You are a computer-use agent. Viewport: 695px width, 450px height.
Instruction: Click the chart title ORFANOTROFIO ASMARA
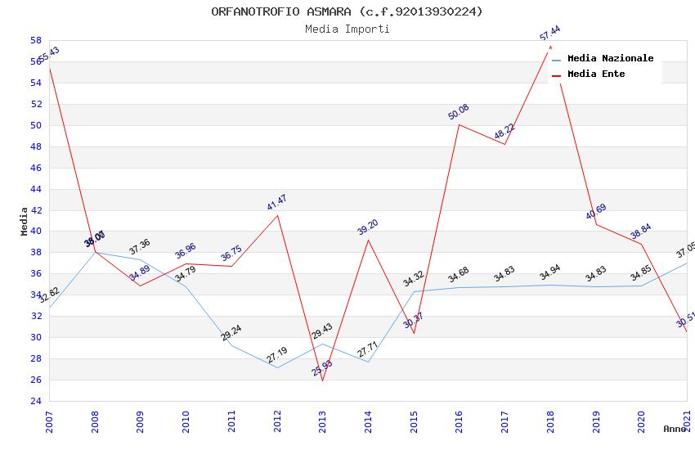(347, 11)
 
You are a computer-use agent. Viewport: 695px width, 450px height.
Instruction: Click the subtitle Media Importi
(347, 29)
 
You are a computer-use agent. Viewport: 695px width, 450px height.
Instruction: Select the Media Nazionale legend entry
(610, 58)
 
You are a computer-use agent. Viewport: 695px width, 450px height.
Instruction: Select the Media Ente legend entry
(595, 74)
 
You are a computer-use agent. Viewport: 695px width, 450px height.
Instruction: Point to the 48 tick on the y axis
(36, 146)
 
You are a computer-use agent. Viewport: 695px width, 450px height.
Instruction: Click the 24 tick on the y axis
(36, 402)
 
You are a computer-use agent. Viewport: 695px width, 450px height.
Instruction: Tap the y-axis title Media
(25, 221)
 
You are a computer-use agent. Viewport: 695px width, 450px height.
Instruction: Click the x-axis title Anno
(675, 429)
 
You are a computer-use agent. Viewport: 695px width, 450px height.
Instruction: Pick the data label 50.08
(458, 112)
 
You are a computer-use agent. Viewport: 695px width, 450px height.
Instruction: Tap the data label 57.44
(549, 34)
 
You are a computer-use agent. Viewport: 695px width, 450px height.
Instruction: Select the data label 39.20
(368, 227)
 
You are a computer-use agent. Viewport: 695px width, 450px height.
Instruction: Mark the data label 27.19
(276, 355)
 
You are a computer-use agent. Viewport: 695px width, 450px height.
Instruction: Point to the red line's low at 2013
(323, 380)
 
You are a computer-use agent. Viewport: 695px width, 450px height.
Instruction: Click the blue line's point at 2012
(278, 367)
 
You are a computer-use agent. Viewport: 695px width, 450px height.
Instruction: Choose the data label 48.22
(504, 132)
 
